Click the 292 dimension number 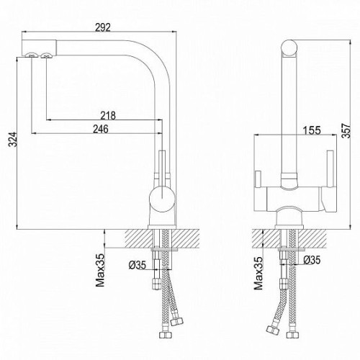pyautogui.click(x=103, y=27)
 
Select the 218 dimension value pyautogui.click(x=108, y=115)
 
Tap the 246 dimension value pyautogui.click(x=101, y=129)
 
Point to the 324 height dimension pyautogui.click(x=12, y=139)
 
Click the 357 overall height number pyautogui.click(x=346, y=130)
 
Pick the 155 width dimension pyautogui.click(x=312, y=130)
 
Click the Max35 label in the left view pyautogui.click(x=100, y=270)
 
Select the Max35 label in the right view pyautogui.click(x=258, y=274)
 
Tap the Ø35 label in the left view pyautogui.click(x=138, y=265)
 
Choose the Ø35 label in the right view pyautogui.click(x=312, y=260)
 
